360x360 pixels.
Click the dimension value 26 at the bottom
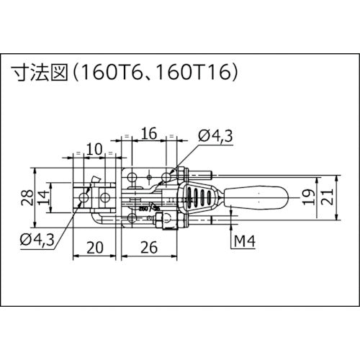pos(147,248)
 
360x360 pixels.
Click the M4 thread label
pos(244,240)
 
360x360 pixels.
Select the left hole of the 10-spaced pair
pos(85,197)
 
